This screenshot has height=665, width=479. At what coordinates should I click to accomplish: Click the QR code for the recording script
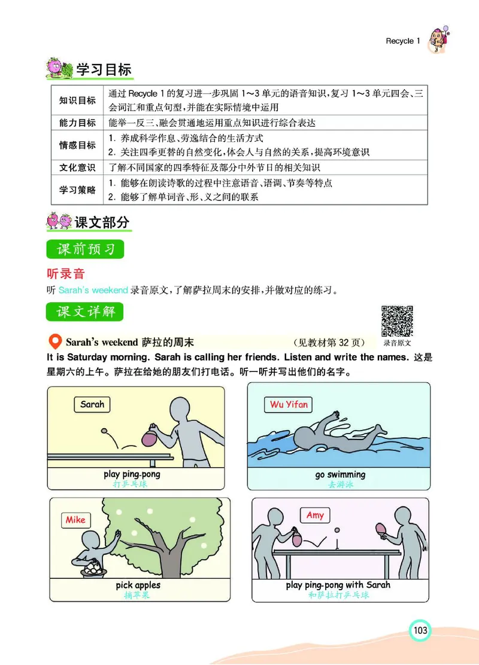(397, 321)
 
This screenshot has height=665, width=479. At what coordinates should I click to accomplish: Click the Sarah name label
(92, 405)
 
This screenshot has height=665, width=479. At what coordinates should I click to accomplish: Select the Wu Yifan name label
(289, 405)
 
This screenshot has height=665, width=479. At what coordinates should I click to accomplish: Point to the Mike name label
(75, 520)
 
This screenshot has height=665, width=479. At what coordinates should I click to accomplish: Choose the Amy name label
(315, 515)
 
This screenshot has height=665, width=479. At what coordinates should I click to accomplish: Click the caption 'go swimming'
(340, 475)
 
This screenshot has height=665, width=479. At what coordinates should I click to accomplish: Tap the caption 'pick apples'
(138, 585)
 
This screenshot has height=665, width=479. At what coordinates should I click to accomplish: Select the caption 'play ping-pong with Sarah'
(338, 585)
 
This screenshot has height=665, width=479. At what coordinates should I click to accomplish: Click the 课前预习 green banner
(85, 249)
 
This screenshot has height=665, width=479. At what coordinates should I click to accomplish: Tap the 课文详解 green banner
(85, 312)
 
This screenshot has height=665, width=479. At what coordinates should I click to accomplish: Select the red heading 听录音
(66, 274)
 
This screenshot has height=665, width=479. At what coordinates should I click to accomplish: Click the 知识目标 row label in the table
(77, 100)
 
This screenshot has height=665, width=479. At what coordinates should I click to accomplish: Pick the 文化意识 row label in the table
(77, 167)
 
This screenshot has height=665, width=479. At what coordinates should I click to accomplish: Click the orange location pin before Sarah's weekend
(54, 342)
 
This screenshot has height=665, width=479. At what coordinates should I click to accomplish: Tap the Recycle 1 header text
(403, 41)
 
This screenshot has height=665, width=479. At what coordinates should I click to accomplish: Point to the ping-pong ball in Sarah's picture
(105, 430)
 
